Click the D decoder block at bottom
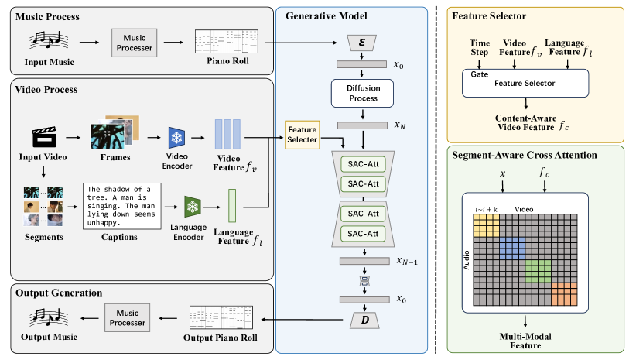pos(362,319)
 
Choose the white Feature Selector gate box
pos(526,81)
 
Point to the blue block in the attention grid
pos(511,247)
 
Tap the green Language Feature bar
pos(231,205)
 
